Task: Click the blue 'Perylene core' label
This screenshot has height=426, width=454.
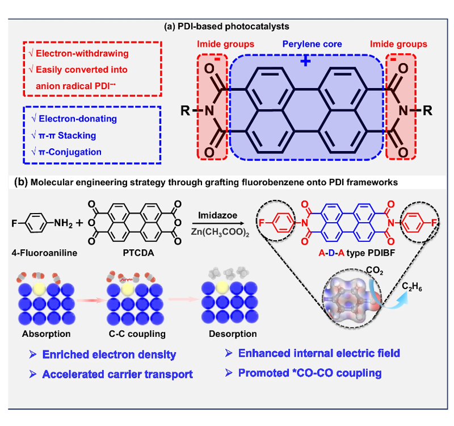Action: point(305,44)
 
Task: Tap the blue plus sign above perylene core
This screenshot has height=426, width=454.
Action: point(305,61)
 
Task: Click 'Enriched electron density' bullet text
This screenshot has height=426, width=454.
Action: point(109,355)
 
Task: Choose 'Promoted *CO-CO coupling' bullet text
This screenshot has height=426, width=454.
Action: point(309,373)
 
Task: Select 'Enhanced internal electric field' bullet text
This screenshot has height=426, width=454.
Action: point(319,353)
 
